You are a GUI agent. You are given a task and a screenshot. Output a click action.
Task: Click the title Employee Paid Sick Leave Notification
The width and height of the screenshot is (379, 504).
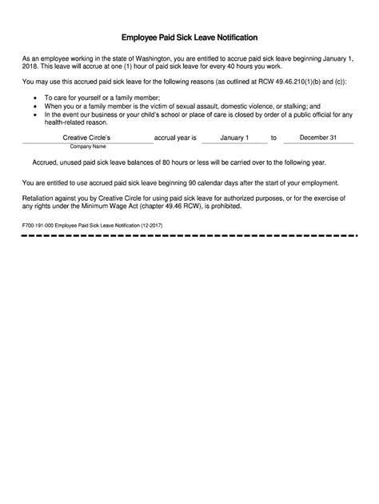(x=189, y=38)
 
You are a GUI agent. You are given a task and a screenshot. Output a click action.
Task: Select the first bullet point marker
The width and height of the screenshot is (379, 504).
(x=35, y=97)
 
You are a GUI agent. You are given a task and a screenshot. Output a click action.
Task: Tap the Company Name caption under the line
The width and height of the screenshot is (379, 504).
(x=89, y=147)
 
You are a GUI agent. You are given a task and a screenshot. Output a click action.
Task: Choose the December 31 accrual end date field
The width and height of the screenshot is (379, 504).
(x=318, y=138)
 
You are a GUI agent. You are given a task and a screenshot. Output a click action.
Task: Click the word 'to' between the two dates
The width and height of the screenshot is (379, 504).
(x=273, y=138)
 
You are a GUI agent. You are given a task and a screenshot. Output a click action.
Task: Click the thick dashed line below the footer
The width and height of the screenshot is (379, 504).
(x=189, y=237)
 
